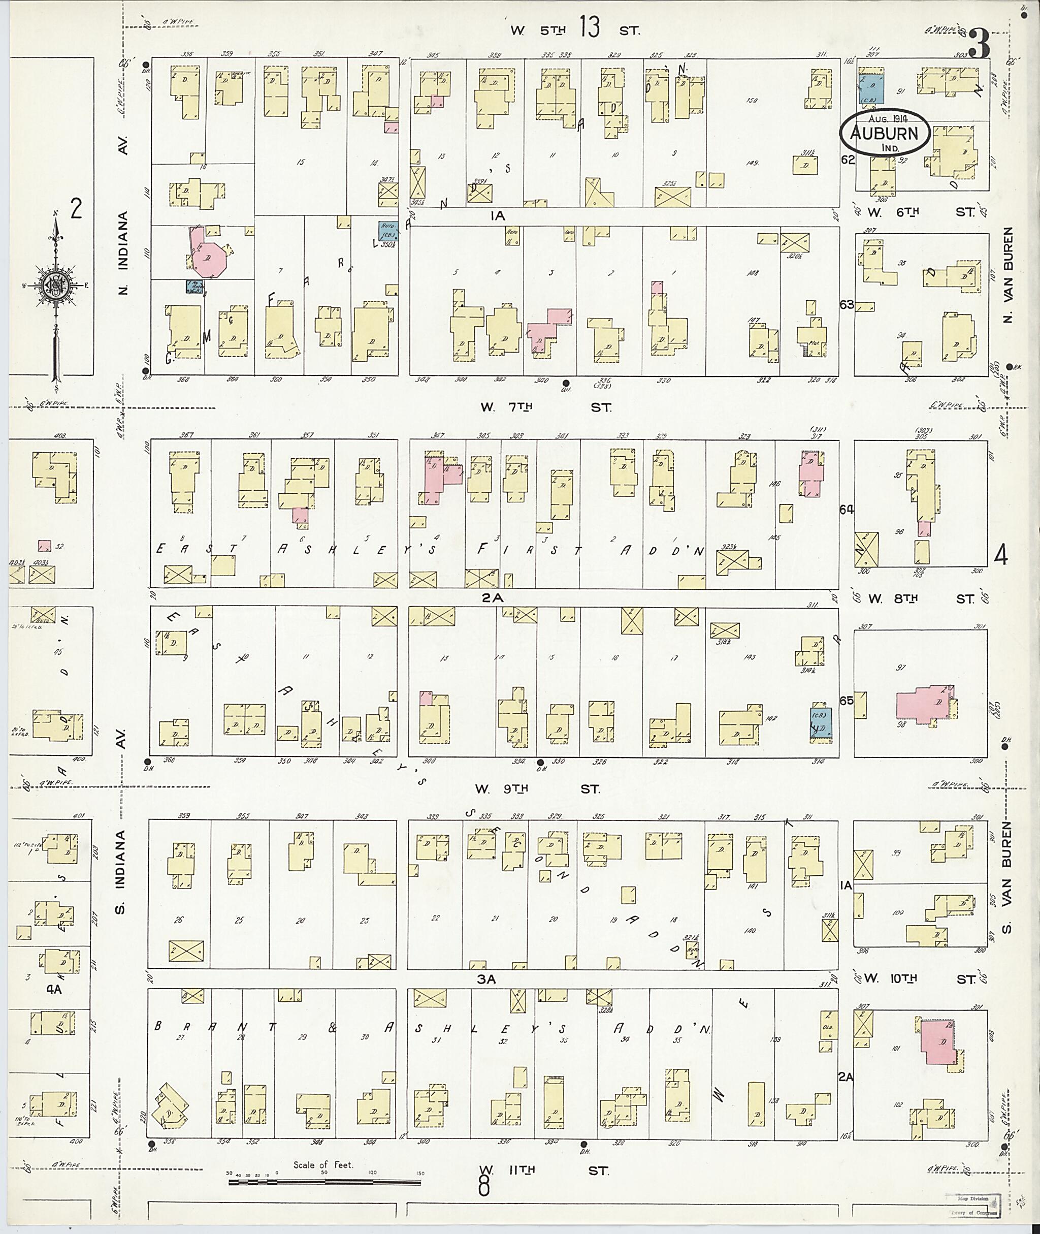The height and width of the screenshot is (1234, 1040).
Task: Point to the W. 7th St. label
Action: (546, 407)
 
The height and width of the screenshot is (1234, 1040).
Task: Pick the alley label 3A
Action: (487, 978)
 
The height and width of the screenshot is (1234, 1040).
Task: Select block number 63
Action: (847, 304)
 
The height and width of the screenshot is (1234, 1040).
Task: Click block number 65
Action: (847, 701)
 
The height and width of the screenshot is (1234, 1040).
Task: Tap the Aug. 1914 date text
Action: (884, 118)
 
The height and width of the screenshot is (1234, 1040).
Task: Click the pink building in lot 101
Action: (937, 1042)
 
